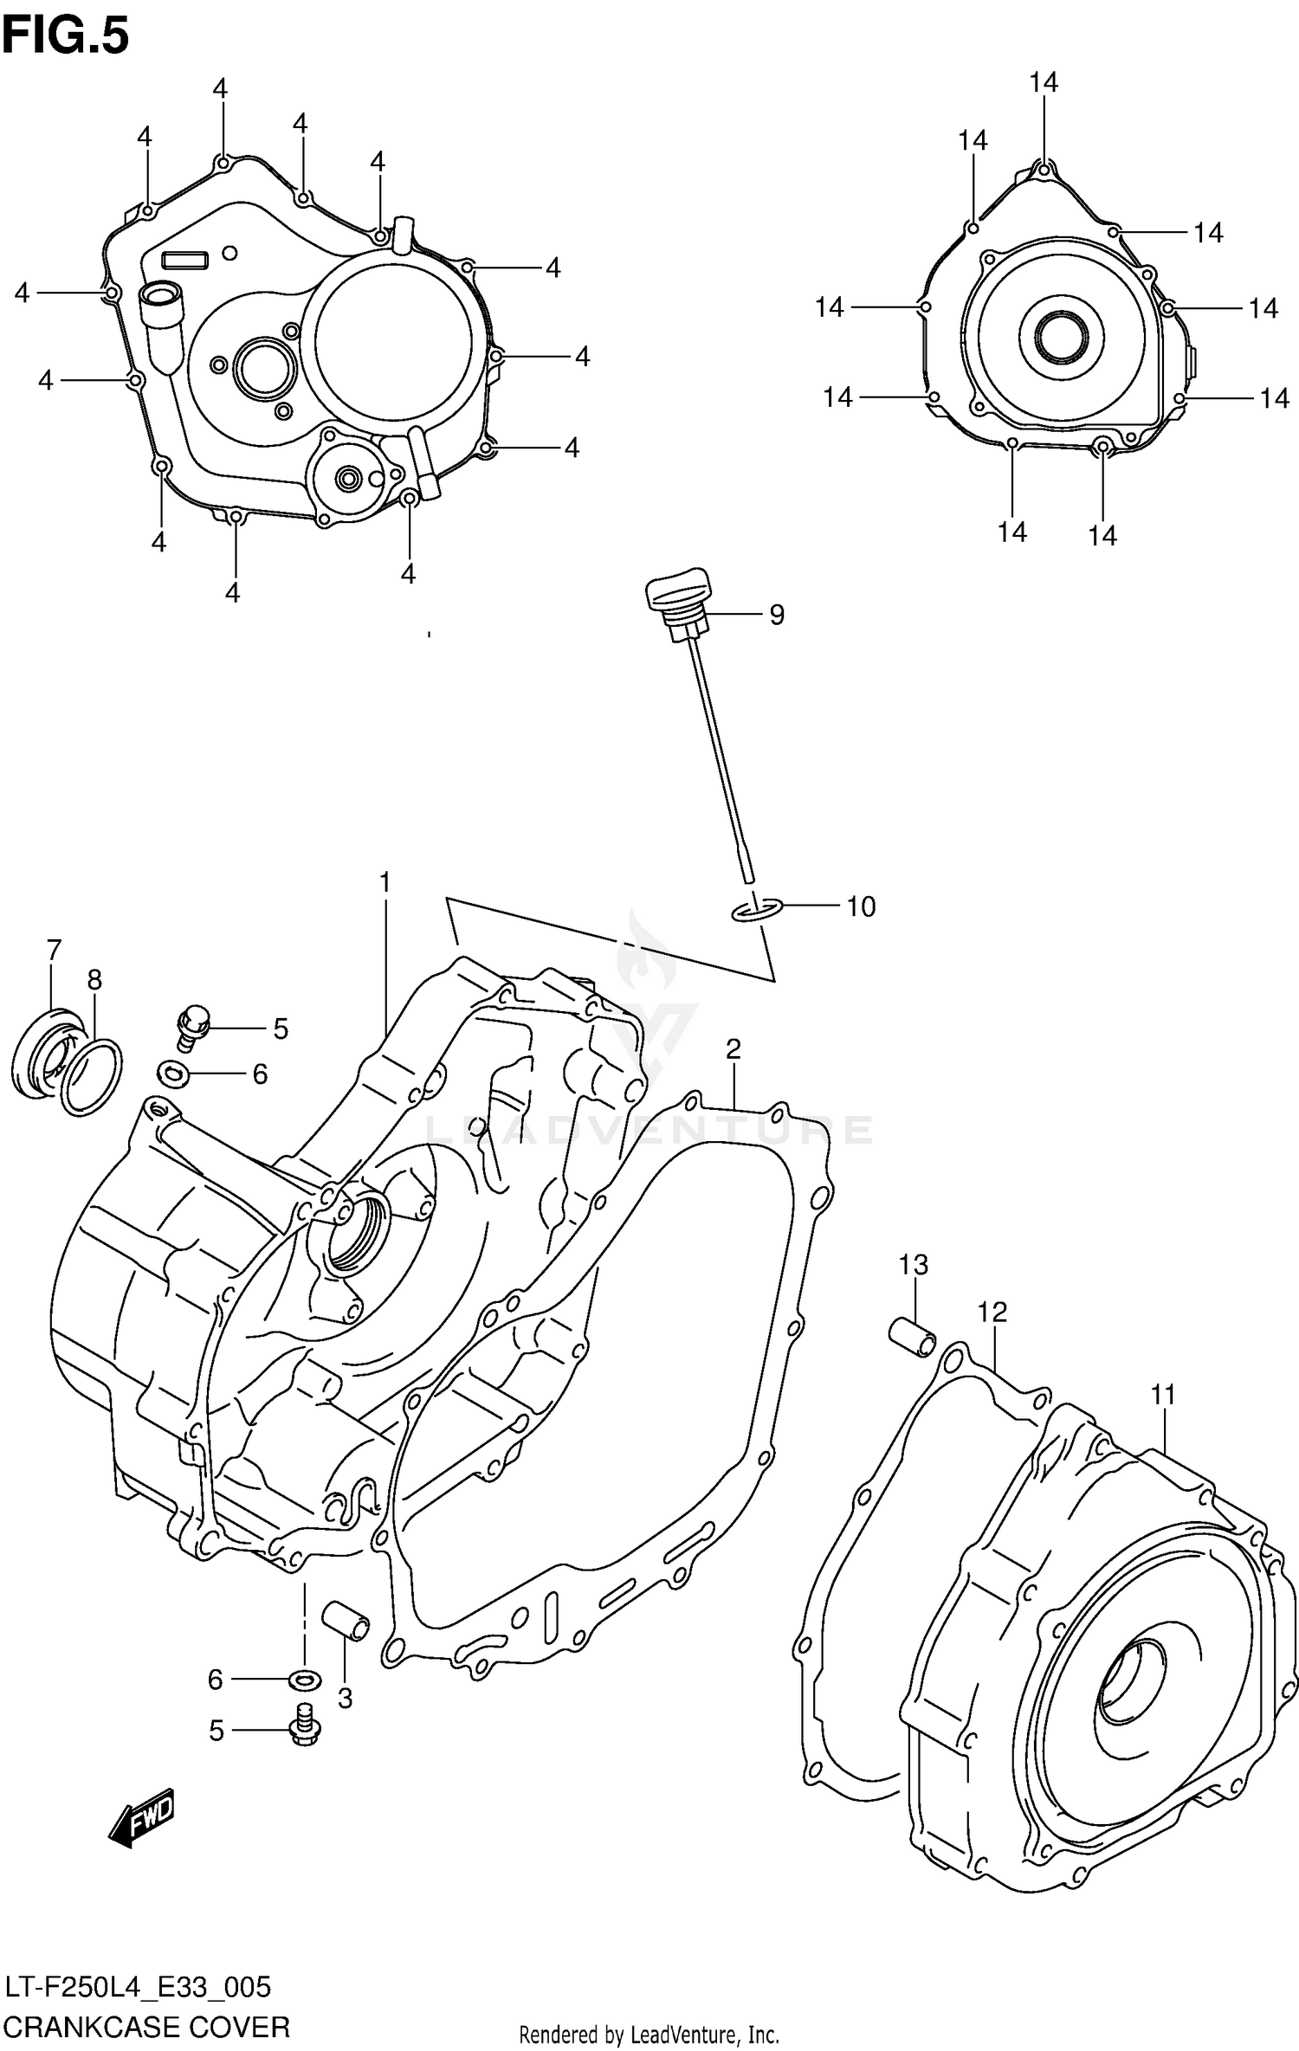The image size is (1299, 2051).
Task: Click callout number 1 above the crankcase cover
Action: [385, 882]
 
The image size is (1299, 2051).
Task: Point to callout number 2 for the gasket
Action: [733, 1049]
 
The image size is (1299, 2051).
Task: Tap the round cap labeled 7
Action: [43, 1053]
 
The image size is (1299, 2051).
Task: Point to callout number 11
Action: [1163, 1395]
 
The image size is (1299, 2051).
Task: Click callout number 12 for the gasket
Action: [992, 1313]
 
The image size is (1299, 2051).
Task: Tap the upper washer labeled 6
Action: [172, 1074]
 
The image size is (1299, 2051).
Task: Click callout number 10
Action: [860, 906]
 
